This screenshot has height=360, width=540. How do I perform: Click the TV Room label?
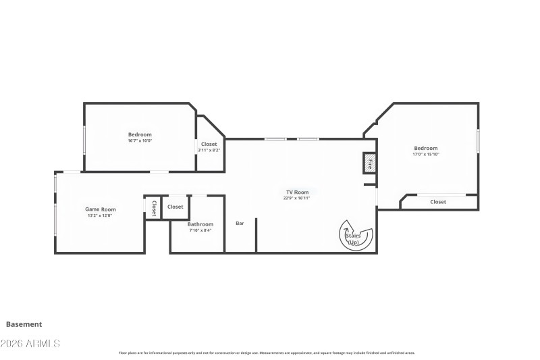click(297, 192)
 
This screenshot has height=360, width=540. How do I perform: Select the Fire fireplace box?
click(369, 163)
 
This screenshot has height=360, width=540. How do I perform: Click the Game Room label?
click(100, 209)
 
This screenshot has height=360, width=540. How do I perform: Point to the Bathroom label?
click(200, 224)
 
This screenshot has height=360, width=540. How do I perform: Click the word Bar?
click(240, 224)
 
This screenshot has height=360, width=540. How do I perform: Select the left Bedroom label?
click(140, 134)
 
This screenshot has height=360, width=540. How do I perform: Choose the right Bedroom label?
click(425, 149)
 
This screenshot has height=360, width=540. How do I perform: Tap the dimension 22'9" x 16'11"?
click(297, 199)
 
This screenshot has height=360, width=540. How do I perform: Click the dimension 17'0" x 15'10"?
click(425, 155)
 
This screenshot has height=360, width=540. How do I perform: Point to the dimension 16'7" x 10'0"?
click(140, 140)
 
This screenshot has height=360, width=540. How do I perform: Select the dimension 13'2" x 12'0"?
click(100, 215)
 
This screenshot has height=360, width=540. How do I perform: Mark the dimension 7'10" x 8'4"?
click(200, 230)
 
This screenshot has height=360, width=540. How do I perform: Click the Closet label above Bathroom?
click(175, 207)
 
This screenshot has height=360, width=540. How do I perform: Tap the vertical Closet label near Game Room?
click(154, 208)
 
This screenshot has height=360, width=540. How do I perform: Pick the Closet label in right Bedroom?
click(438, 202)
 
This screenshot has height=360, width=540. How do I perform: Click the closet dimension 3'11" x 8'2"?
click(209, 150)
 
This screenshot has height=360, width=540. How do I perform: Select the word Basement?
click(24, 324)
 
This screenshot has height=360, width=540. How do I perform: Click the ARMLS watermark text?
click(30, 344)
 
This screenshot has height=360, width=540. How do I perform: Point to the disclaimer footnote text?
click(267, 353)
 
